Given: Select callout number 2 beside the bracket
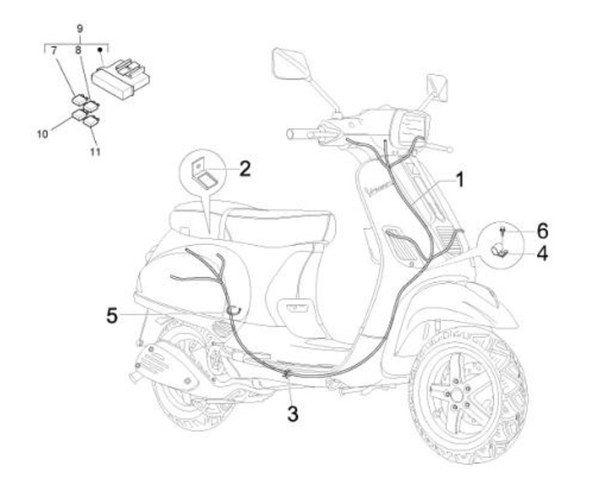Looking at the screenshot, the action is (244, 168).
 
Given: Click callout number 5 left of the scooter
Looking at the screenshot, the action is (112, 316).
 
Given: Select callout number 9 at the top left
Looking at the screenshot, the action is (80, 29).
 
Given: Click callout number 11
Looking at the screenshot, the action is (95, 152).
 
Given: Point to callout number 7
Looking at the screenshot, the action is (55, 51).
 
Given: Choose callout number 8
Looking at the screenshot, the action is (78, 51).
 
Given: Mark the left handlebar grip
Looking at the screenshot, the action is (300, 133).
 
